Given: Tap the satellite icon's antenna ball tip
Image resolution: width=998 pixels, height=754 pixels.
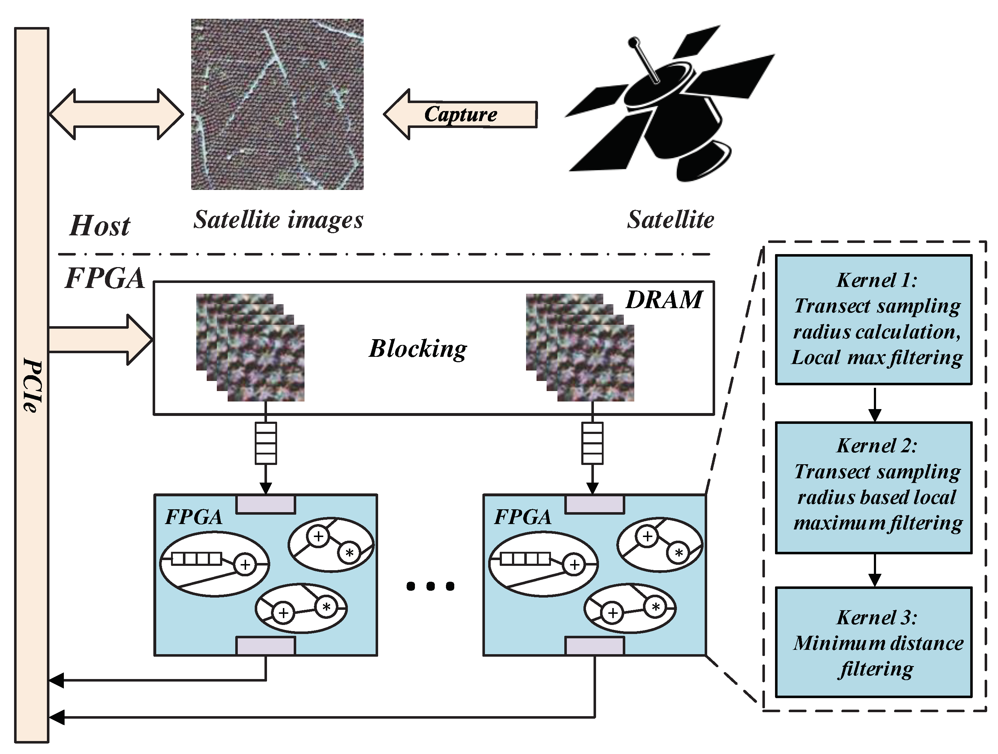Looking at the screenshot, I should [634, 43].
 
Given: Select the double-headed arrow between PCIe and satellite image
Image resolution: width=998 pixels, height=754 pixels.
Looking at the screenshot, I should [117, 114].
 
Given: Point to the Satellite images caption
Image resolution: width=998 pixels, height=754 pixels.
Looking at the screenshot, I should [279, 220].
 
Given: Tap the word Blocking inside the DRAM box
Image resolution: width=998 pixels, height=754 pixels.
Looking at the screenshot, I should [418, 349].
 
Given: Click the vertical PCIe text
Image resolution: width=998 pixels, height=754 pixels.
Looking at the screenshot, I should [32, 385].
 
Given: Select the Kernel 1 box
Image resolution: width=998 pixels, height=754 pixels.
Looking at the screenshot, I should [874, 320].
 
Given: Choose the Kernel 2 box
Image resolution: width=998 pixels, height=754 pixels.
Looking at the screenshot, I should [874, 487].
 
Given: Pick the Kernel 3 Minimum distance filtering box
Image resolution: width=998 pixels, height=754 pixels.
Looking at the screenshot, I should [874, 642].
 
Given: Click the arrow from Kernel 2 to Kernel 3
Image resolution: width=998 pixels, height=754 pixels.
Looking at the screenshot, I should [875, 570].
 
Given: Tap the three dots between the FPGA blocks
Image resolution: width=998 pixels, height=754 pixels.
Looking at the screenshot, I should [430, 586].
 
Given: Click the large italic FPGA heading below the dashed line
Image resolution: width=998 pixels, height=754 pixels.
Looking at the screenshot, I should [105, 279].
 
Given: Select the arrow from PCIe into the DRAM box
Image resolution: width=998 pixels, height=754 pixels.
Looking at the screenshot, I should [100, 340].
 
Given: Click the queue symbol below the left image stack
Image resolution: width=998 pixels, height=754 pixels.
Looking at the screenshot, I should [266, 443].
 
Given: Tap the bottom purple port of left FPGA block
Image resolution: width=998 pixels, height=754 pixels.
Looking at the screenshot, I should [266, 646].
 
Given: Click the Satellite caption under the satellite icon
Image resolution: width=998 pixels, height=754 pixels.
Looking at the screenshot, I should [670, 220].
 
